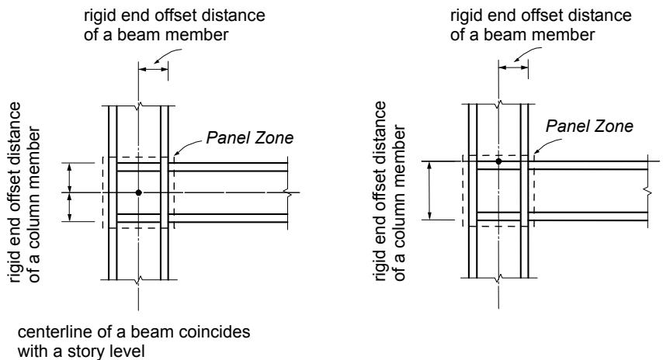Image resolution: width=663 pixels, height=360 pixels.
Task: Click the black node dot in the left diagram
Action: point(138,192)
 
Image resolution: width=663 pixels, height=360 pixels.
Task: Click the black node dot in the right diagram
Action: point(499,161)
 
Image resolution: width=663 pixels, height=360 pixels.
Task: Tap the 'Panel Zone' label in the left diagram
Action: point(250,138)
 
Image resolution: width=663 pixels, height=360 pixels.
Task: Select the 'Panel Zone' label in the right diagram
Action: point(589,126)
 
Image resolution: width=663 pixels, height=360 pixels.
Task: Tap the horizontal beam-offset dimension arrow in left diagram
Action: point(154,69)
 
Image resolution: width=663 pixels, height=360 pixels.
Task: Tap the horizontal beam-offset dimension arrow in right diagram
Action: point(513,67)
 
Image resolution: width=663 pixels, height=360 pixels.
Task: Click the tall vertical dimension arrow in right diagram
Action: point(430,191)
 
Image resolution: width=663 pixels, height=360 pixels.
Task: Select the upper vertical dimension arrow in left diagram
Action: point(70,178)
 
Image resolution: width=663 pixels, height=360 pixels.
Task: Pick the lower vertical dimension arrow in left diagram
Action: point(70,207)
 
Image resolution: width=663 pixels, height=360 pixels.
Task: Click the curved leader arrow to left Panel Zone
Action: point(187,147)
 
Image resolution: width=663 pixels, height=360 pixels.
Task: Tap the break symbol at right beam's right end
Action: point(649,191)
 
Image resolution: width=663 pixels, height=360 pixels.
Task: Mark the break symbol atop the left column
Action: point(138,106)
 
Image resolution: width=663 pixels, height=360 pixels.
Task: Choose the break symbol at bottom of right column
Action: point(499,278)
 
